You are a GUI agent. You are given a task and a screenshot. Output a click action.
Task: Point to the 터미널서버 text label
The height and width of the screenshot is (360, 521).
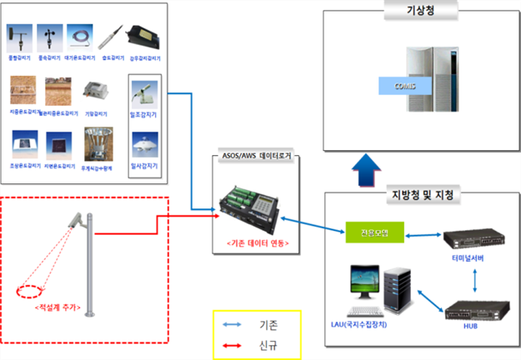[473, 260]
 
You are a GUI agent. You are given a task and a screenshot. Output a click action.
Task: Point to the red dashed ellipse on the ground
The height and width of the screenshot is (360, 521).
[34, 292]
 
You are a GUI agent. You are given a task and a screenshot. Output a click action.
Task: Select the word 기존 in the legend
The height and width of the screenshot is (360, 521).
[273, 320]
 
